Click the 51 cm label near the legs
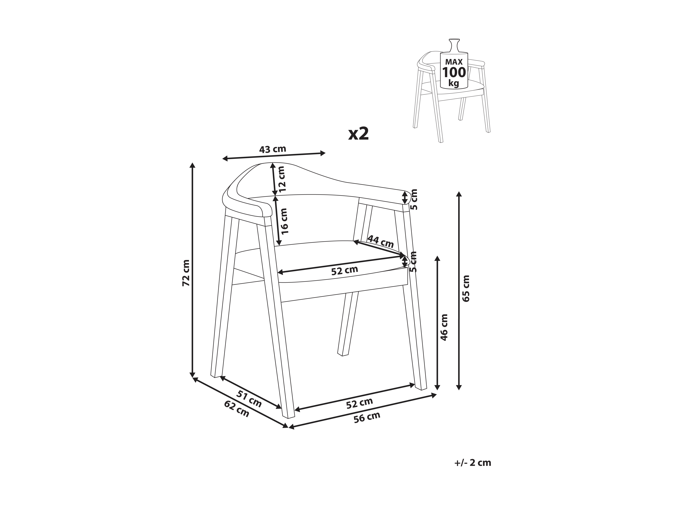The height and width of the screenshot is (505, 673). click(249, 399)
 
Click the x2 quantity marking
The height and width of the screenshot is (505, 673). click(359, 134)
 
